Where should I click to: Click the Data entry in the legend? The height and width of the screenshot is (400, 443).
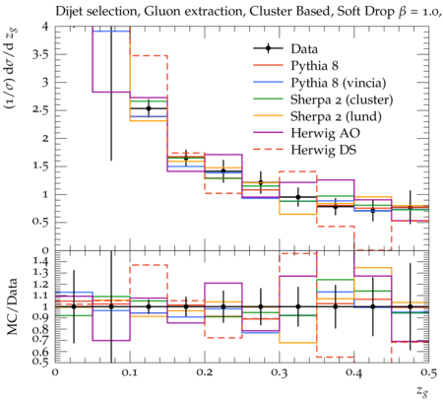(x=304, y=49)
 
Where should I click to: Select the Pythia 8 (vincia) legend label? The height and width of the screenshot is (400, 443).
(x=339, y=83)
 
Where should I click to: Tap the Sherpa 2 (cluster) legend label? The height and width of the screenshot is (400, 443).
(x=342, y=100)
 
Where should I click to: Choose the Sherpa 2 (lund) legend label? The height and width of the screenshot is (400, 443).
(x=336, y=116)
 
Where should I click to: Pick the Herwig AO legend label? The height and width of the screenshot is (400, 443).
(x=325, y=133)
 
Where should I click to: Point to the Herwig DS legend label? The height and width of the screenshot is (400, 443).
(x=324, y=150)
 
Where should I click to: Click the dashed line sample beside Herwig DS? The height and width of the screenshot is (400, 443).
(x=268, y=150)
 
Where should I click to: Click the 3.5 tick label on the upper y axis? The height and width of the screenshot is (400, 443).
(x=40, y=54)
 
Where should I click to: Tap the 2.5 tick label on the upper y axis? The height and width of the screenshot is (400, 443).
(x=40, y=110)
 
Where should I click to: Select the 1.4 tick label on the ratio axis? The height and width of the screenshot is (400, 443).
(x=40, y=261)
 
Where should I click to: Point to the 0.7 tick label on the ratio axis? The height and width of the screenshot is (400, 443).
(x=40, y=340)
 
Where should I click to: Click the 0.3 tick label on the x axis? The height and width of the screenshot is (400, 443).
(x=280, y=372)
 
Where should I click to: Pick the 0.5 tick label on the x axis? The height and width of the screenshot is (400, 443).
(x=428, y=372)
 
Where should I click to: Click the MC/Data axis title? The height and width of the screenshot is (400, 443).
(x=13, y=306)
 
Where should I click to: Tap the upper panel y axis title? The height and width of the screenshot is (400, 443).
(x=13, y=68)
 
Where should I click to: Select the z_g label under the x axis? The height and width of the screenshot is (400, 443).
(x=422, y=391)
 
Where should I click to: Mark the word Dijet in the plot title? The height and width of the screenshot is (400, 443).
(x=68, y=12)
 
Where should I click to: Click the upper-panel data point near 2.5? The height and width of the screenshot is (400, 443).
(x=149, y=108)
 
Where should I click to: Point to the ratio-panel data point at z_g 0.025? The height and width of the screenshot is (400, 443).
(x=74, y=306)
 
